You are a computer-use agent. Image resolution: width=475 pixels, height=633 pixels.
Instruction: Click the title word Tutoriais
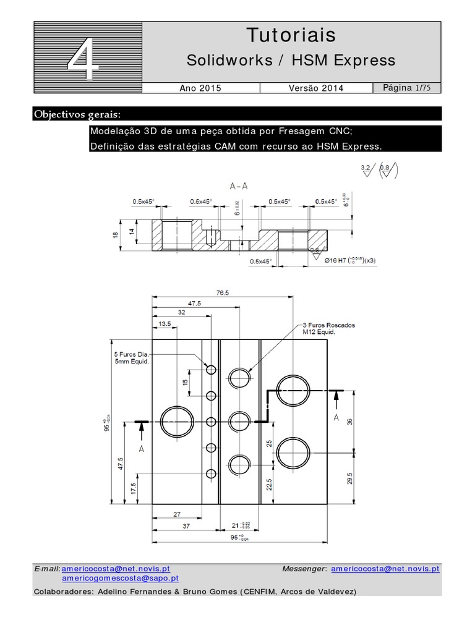tap(291, 35)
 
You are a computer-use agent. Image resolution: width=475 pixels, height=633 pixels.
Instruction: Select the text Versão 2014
tap(315, 88)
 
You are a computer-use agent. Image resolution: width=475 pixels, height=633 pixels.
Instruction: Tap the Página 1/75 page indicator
tap(407, 88)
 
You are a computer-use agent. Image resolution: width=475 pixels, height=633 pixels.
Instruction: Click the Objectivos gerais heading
tap(77, 115)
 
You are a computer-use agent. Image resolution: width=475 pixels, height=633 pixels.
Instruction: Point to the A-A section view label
tap(238, 186)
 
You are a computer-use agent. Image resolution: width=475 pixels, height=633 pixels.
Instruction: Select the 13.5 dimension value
tap(165, 324)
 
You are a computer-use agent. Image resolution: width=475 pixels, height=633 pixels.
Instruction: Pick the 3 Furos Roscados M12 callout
tap(328, 328)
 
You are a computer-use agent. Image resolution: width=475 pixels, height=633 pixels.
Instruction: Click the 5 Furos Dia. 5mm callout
tap(132, 359)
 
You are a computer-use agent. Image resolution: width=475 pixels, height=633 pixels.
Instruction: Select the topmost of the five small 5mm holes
tap(211, 370)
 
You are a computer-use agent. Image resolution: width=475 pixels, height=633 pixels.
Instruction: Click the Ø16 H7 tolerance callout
tap(350, 260)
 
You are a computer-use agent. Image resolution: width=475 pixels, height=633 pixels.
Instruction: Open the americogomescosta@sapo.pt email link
tap(121, 579)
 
